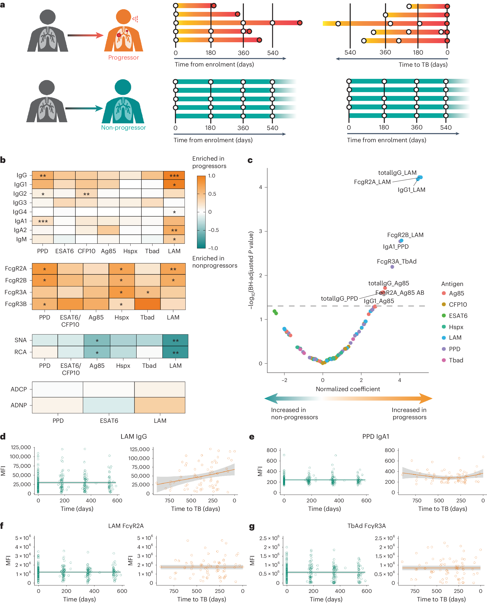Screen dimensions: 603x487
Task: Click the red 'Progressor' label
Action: (x=123, y=58)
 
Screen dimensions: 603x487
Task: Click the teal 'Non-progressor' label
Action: (x=123, y=128)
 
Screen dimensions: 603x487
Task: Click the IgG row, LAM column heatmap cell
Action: (x=174, y=175)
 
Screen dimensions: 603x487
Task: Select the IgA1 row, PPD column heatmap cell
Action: (x=43, y=221)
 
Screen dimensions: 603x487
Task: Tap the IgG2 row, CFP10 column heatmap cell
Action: (x=86, y=194)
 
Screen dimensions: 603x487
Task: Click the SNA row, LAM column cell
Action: (x=175, y=340)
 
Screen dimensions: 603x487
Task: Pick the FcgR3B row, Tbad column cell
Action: (x=147, y=304)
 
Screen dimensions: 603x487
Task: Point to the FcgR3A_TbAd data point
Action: (x=392, y=267)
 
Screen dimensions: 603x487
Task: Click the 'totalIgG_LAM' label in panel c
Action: (x=397, y=173)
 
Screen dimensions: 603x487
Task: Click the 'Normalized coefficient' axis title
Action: (x=348, y=389)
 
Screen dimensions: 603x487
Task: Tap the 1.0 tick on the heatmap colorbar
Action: (x=212, y=176)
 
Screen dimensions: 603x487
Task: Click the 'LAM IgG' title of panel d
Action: (x=133, y=437)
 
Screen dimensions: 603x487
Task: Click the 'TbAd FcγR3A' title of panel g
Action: (x=366, y=526)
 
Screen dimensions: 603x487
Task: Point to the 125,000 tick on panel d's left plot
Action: (x=21, y=447)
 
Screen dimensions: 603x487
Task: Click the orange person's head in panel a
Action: (x=123, y=17)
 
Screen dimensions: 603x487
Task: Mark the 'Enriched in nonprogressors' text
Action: (x=215, y=262)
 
